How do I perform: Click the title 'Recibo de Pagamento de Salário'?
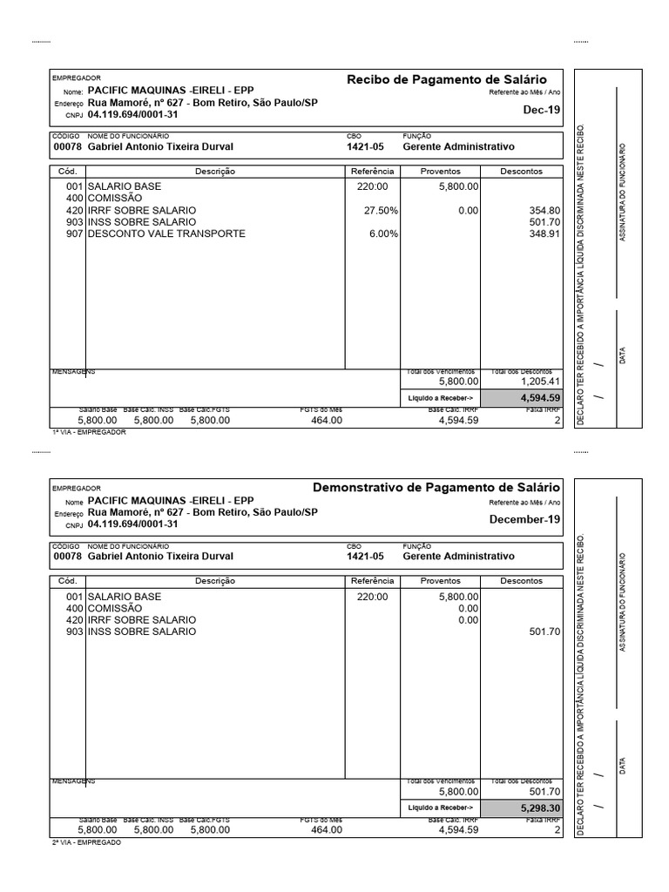(447, 79)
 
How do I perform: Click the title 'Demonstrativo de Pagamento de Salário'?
(436, 488)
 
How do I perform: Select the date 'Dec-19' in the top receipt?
(541, 111)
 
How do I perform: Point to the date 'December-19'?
(524, 519)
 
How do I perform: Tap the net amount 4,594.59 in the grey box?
(541, 397)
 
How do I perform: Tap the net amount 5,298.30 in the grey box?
(541, 808)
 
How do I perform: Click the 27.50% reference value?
(381, 211)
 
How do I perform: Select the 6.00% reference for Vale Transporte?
(383, 233)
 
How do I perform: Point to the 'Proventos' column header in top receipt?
(440, 172)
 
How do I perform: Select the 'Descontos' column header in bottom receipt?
(522, 581)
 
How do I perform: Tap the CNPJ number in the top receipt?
(132, 114)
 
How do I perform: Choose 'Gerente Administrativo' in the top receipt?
(458, 146)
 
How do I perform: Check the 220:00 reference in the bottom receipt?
(372, 597)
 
